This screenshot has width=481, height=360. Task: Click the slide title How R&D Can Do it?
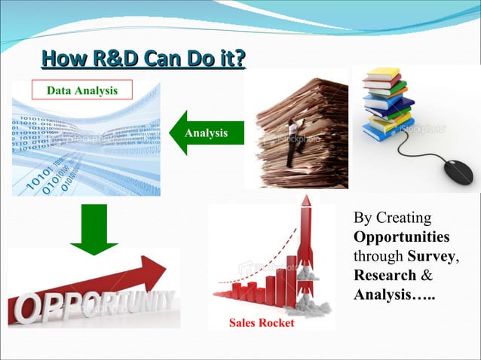(143, 58)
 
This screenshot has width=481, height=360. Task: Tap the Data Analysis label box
(82, 91)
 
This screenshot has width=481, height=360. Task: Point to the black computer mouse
(458, 171)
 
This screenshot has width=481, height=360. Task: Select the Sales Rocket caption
(262, 323)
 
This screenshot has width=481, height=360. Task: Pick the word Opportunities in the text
(401, 237)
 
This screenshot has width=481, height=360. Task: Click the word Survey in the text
(433, 256)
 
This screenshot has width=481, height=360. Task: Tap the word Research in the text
(384, 275)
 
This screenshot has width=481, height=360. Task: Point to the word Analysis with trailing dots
(395, 294)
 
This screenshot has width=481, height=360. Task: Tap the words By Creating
(392, 218)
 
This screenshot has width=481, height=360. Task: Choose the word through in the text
(377, 256)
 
